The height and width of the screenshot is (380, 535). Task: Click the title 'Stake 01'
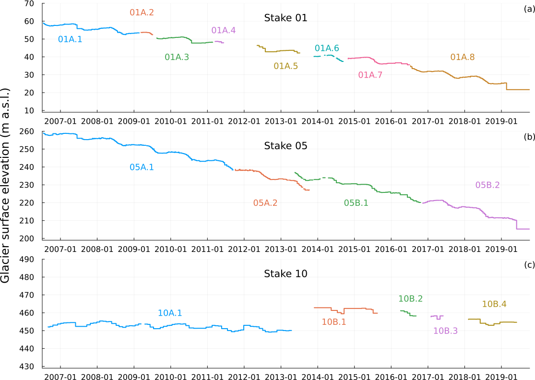click(285, 18)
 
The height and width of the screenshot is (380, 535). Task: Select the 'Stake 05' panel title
click(285, 146)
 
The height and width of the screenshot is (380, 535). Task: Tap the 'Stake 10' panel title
click(285, 274)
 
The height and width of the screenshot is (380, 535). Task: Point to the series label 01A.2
click(142, 12)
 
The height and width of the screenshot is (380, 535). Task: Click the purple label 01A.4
click(224, 30)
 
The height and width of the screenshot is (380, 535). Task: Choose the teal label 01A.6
click(327, 48)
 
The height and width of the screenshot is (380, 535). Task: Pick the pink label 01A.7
click(370, 75)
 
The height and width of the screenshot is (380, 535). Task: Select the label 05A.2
click(265, 203)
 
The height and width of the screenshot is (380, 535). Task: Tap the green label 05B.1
click(356, 203)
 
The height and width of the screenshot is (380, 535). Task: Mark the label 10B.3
click(445, 331)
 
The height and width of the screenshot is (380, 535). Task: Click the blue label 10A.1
click(170, 313)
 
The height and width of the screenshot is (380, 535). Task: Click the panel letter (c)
click(529, 264)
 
